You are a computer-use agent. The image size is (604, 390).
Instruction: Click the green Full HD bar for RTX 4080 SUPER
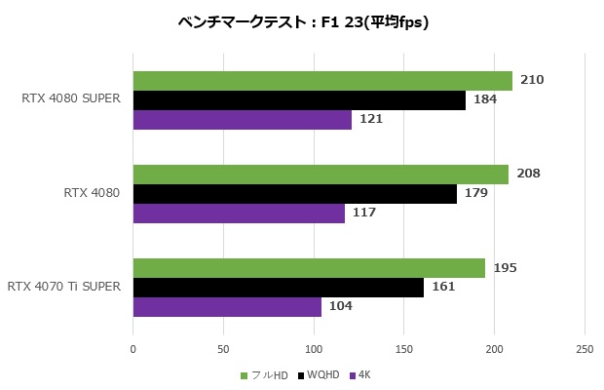(322, 81)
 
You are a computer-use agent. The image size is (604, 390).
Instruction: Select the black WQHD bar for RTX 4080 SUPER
(299, 100)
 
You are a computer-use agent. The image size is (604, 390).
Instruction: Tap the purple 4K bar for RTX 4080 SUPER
(242, 120)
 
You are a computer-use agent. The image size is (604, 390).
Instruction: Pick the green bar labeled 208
(321, 175)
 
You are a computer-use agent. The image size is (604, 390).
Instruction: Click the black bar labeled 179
(294, 194)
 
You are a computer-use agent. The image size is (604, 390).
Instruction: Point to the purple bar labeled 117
(239, 213)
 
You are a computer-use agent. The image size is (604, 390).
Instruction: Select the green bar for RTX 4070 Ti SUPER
(309, 268)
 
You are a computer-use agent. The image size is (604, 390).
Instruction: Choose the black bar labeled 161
(279, 288)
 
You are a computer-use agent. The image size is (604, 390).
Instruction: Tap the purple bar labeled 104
(227, 306)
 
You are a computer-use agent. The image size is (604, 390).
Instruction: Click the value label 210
(532, 80)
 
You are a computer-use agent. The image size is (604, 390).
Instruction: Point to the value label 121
(371, 119)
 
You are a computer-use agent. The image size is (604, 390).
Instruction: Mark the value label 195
(505, 268)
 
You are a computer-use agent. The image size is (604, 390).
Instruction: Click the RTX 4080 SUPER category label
(70, 99)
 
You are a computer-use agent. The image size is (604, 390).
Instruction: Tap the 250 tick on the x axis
(585, 348)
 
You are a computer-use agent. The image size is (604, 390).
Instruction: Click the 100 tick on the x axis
(314, 348)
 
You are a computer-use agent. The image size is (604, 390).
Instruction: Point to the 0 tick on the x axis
(133, 348)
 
